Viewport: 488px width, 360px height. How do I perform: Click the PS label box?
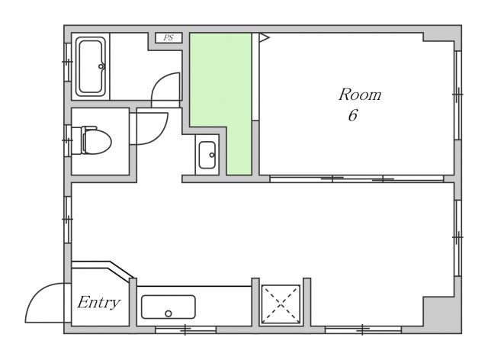tap(169, 37)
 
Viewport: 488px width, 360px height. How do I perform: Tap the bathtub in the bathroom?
tap(91, 66)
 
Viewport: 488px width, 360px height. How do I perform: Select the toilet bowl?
tap(98, 142)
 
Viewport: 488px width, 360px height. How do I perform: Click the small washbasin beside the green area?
tap(207, 155)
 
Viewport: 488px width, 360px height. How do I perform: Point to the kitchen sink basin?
tap(169, 307)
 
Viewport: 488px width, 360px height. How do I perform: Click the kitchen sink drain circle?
tap(169, 313)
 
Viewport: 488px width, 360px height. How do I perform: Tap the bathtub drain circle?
tap(101, 66)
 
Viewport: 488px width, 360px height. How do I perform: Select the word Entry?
tap(98, 302)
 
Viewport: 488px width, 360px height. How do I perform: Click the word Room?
tap(360, 95)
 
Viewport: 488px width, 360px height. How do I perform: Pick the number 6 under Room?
tap(353, 115)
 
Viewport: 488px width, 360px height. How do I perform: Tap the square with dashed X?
tap(281, 304)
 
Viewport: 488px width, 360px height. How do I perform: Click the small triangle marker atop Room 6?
tap(264, 37)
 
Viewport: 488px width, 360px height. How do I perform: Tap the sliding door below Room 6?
tap(357, 178)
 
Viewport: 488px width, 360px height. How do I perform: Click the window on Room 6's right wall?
tap(457, 95)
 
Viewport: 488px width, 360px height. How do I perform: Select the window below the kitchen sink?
tap(185, 329)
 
